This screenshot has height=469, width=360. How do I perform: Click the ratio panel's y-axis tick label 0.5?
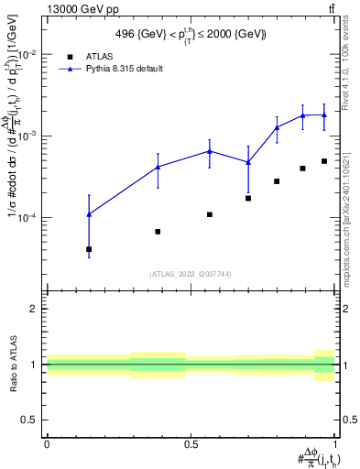[29, 420]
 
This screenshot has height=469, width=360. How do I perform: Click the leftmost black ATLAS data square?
[89, 249]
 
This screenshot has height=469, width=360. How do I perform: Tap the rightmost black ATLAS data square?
[324, 161]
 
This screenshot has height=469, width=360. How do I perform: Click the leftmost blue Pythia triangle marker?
[89, 214]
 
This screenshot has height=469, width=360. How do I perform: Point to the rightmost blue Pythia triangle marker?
[324, 115]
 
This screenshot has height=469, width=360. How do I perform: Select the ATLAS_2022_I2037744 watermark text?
[191, 274]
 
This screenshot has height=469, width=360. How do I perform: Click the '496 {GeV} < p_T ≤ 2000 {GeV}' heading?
[191, 35]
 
